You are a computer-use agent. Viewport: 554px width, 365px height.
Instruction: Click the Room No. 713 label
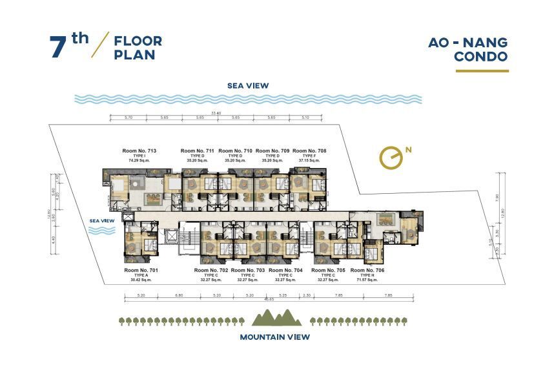point(139,151)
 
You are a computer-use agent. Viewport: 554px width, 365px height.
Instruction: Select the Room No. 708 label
point(309,151)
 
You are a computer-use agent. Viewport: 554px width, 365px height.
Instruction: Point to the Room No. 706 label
point(367,270)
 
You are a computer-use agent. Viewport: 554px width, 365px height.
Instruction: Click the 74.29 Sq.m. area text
point(139,160)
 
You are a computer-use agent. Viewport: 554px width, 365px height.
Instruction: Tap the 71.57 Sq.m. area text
point(367,280)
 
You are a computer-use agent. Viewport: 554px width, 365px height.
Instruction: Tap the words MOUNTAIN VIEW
point(275,337)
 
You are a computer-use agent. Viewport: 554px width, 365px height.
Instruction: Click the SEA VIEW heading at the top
point(248,85)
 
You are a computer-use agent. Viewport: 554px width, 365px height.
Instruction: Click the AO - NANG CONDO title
point(468,49)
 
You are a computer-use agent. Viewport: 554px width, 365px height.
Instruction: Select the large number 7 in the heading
point(59,48)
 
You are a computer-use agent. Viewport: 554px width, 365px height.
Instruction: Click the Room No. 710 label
point(235,151)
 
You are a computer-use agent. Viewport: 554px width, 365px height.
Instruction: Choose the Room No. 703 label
point(248,270)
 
